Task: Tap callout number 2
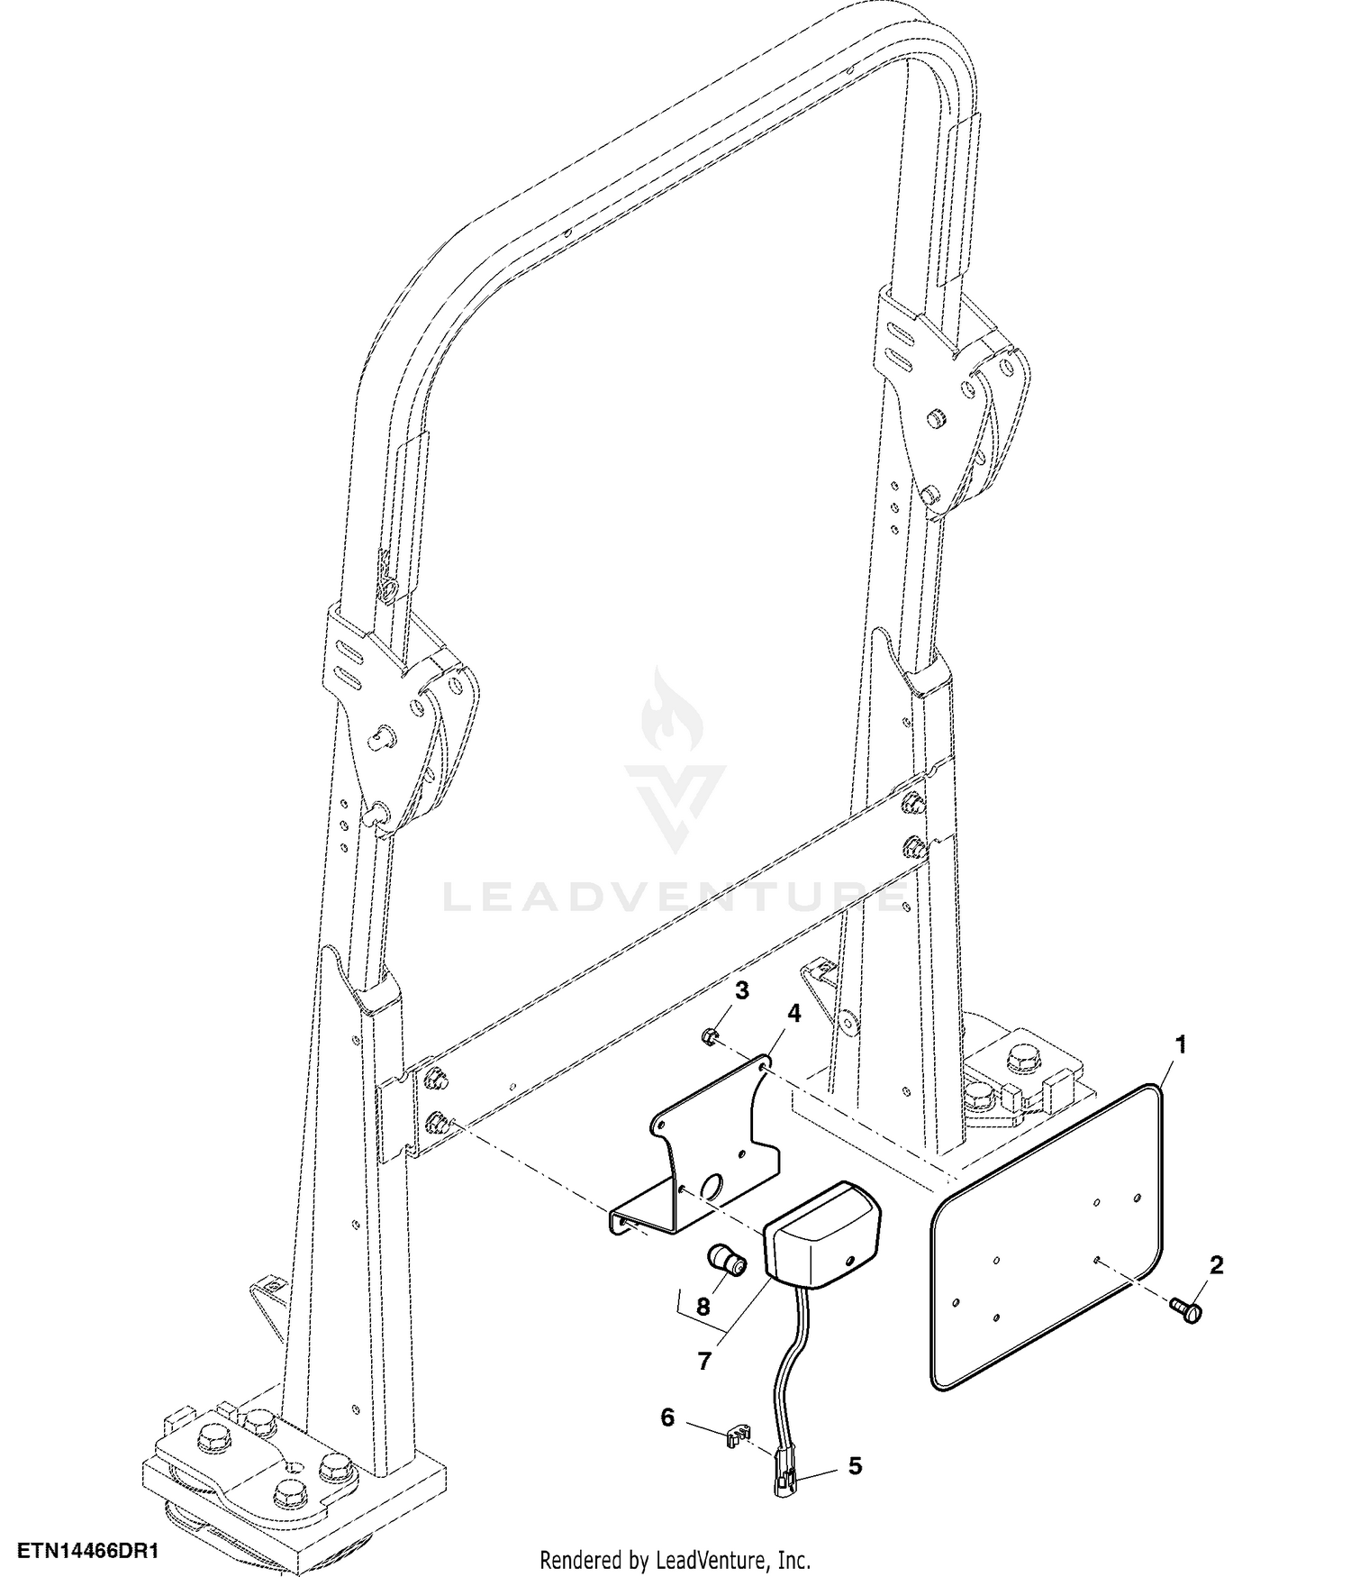[1216, 1265]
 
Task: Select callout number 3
[741, 991]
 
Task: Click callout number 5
[855, 1465]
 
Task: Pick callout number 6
[667, 1417]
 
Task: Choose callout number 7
[704, 1360]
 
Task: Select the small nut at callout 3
[709, 1038]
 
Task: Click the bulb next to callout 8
[727, 1259]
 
